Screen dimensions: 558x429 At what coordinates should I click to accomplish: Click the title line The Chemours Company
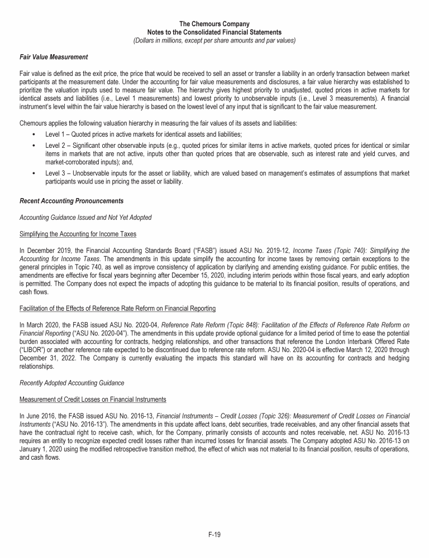coord(214,24)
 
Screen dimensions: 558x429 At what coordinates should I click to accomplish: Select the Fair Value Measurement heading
coord(49,57)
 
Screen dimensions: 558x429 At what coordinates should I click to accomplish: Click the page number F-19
coord(214,535)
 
